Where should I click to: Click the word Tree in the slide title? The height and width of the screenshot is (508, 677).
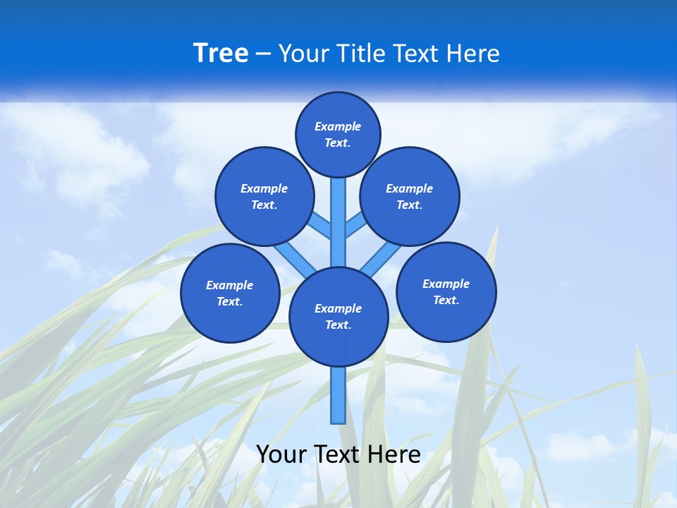[221, 54]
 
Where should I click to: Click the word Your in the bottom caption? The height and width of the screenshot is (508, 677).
[281, 454]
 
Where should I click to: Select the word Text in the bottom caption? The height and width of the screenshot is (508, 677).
[338, 454]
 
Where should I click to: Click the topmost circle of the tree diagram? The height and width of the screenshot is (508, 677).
[338, 134]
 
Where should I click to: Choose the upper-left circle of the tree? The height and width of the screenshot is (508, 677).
[264, 196]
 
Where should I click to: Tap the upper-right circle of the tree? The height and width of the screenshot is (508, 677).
[410, 196]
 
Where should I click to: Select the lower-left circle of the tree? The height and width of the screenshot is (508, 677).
[230, 293]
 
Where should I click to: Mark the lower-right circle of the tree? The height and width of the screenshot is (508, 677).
[446, 291]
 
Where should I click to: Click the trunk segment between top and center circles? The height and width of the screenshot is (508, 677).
[338, 222]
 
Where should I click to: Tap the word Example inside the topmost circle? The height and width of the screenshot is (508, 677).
[338, 127]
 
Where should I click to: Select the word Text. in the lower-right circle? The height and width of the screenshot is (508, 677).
[446, 300]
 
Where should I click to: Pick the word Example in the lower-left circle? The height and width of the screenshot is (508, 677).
[230, 286]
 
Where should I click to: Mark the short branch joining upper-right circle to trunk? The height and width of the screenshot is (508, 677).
[355, 226]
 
